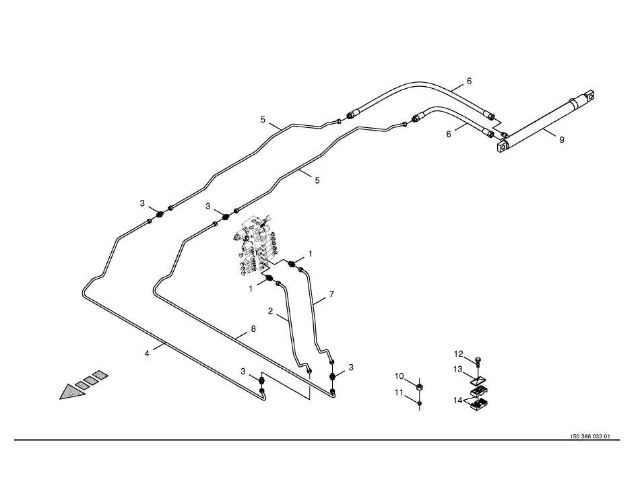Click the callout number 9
tap(561, 140)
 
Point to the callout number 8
tap(253, 328)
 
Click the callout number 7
tap(331, 295)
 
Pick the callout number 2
tap(270, 311)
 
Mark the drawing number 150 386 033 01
tap(589, 436)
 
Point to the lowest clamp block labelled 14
tap(480, 404)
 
